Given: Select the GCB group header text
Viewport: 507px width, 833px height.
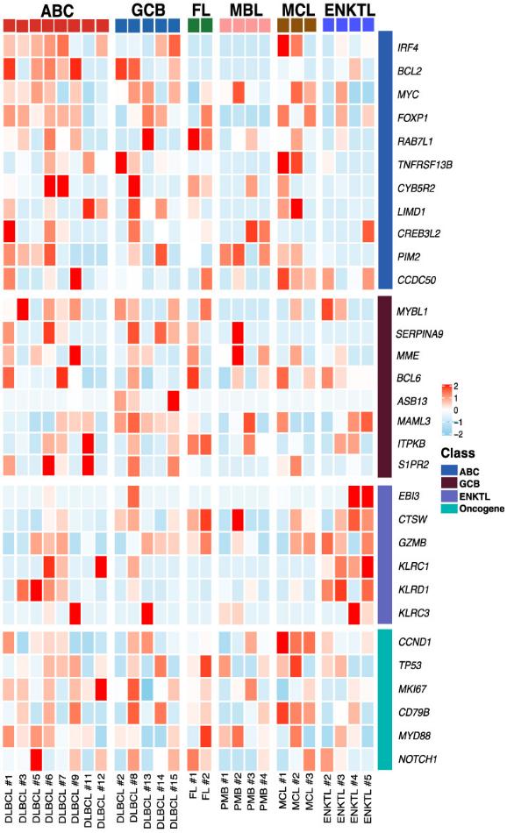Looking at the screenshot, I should click(x=149, y=10).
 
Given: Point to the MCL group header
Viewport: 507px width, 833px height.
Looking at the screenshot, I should click(x=297, y=10).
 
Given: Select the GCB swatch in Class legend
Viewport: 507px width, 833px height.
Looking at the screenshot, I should click(x=435, y=482).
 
